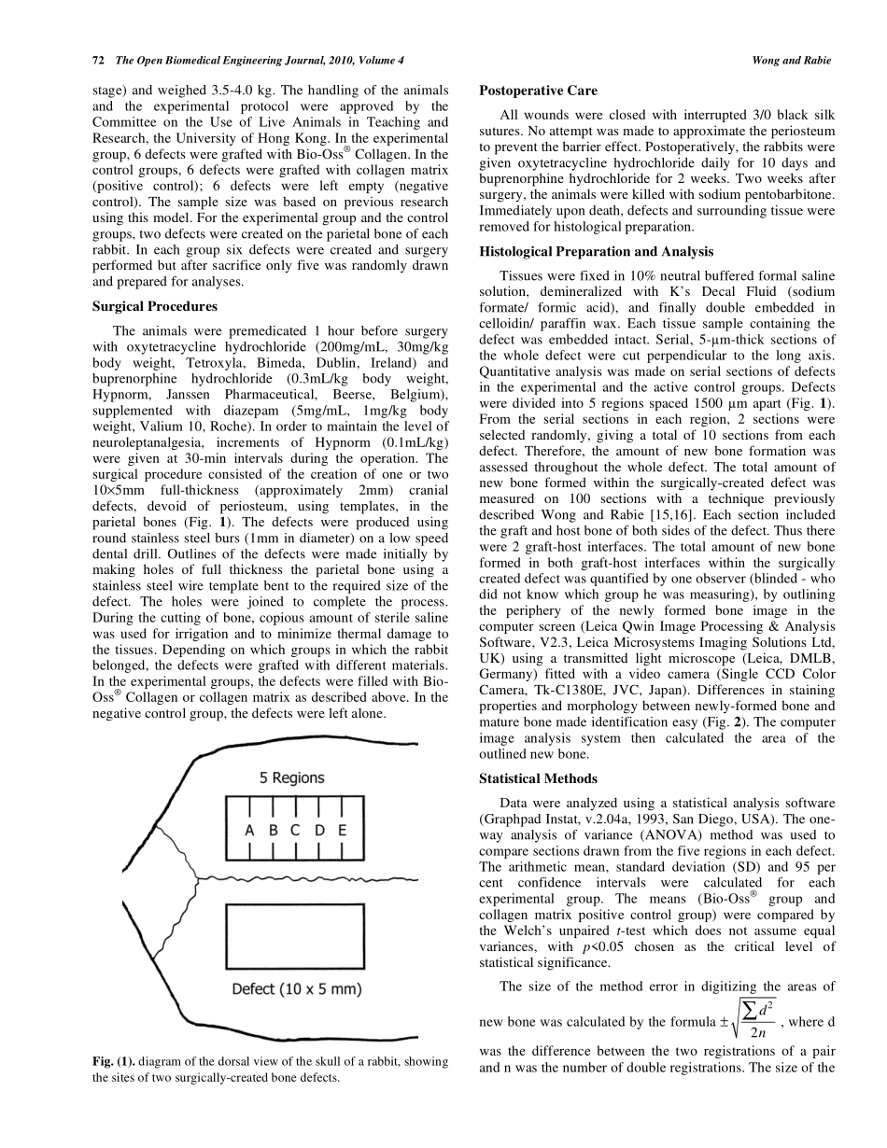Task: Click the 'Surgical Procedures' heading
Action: (x=155, y=306)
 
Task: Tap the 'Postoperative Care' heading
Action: (x=538, y=91)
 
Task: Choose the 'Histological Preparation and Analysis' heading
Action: (x=596, y=252)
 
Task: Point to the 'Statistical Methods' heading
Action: (x=538, y=778)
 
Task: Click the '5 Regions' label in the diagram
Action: (x=291, y=777)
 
